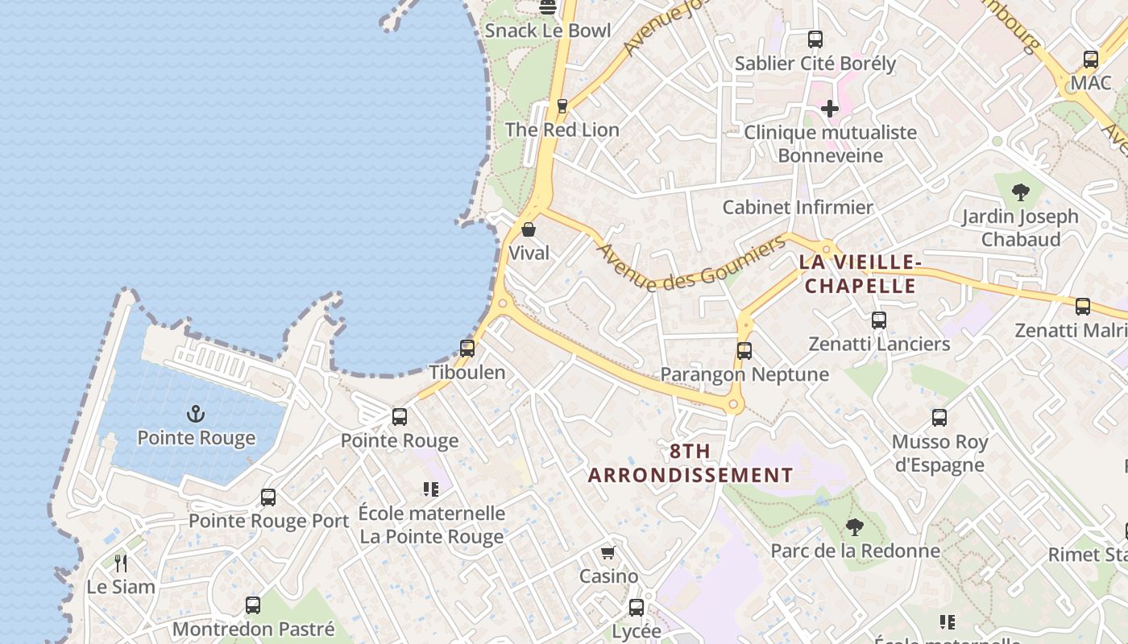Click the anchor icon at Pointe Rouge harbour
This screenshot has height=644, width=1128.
pyautogui.click(x=196, y=415)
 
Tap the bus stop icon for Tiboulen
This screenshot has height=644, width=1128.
pyautogui.click(x=467, y=349)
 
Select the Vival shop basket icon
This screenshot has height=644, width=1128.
pyautogui.click(x=529, y=230)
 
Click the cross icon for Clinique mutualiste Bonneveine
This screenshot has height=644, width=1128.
pyautogui.click(x=830, y=108)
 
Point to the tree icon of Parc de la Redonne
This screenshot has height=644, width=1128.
pyautogui.click(x=855, y=528)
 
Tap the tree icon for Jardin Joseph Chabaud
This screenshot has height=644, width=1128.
pyautogui.click(x=1021, y=192)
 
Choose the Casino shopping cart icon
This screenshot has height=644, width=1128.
pyautogui.click(x=608, y=553)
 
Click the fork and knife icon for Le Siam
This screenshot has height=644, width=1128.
pyautogui.click(x=121, y=563)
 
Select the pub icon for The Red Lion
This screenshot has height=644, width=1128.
pyautogui.click(x=562, y=106)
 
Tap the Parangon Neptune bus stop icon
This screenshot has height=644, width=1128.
pyautogui.click(x=744, y=351)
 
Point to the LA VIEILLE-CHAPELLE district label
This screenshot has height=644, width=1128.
pyautogui.click(x=861, y=274)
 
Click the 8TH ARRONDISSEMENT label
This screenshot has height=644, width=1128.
pyautogui.click(x=690, y=463)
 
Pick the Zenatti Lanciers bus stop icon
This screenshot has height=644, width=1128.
pyautogui.click(x=879, y=320)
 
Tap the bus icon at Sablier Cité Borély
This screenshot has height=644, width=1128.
pyautogui.click(x=815, y=39)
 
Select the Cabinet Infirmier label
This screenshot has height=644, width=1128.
pyautogui.click(x=798, y=207)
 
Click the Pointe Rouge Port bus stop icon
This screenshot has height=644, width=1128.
pyautogui.click(x=268, y=497)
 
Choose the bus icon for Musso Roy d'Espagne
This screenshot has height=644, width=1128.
pyautogui.click(x=939, y=418)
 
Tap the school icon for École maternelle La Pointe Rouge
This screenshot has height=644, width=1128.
pyautogui.click(x=431, y=489)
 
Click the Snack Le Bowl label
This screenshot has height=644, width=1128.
pyautogui.click(x=548, y=31)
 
